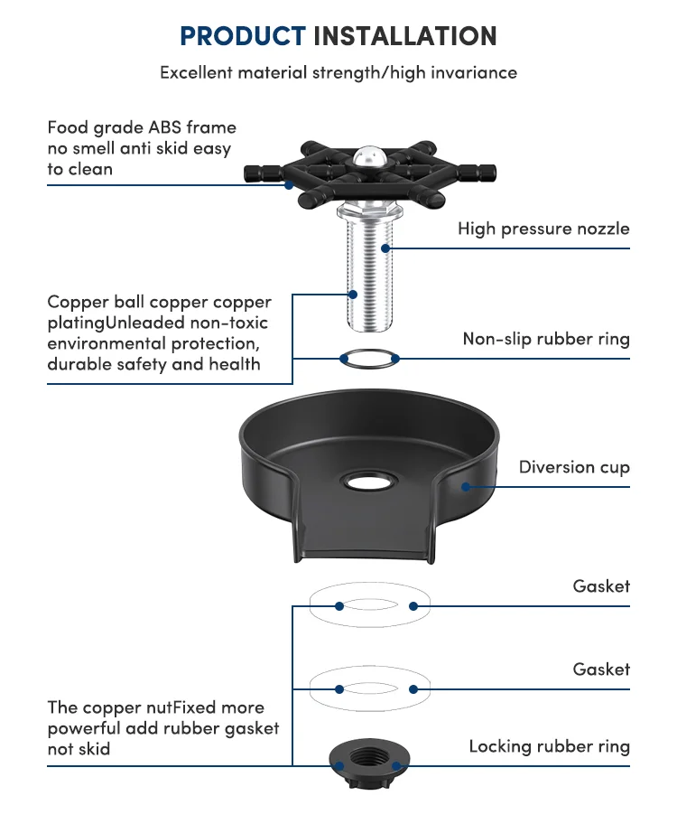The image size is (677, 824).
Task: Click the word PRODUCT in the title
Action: point(242,36)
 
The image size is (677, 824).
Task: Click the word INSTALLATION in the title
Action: point(404,36)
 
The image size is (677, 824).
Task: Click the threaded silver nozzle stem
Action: point(369,271)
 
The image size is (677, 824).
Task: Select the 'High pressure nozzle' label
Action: point(543,229)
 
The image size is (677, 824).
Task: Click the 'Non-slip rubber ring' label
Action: point(546,339)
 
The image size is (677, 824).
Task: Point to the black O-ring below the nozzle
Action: point(369,358)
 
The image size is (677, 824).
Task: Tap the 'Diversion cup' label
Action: point(574,467)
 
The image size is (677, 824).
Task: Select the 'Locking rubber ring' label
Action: point(549,746)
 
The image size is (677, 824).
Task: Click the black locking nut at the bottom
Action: point(369,760)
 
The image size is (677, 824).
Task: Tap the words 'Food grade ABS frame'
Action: point(142,127)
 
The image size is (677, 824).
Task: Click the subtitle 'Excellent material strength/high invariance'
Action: point(338,72)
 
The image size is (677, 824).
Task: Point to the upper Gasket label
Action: point(601,586)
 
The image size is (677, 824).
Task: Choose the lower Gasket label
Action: point(601,669)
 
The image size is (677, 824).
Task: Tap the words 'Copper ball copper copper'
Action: point(159,302)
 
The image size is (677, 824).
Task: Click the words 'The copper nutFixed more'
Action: point(155,707)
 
